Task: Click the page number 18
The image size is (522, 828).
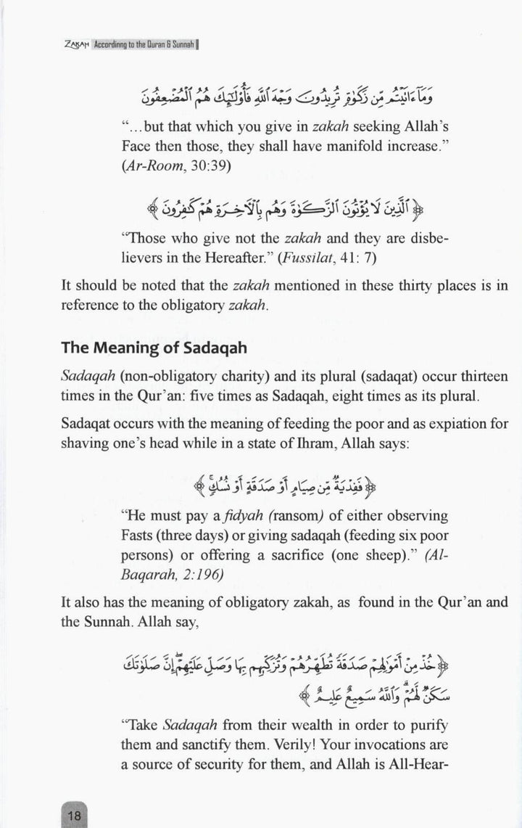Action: [x=75, y=815]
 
